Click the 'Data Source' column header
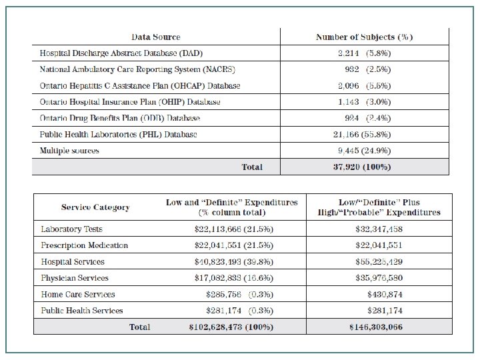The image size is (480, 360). [x=155, y=37]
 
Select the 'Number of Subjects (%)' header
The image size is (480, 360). [x=364, y=37]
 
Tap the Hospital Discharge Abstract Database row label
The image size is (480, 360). [x=121, y=53]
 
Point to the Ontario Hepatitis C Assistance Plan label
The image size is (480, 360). [x=140, y=86]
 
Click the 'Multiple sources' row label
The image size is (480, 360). [x=69, y=151]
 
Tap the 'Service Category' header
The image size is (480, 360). [x=95, y=207]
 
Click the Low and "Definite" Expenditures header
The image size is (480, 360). [x=232, y=207]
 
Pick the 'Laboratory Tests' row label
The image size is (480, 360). [x=71, y=229]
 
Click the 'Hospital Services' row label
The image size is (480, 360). [x=73, y=262]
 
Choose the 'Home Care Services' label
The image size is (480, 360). [x=77, y=294]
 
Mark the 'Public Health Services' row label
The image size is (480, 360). [x=82, y=311]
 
